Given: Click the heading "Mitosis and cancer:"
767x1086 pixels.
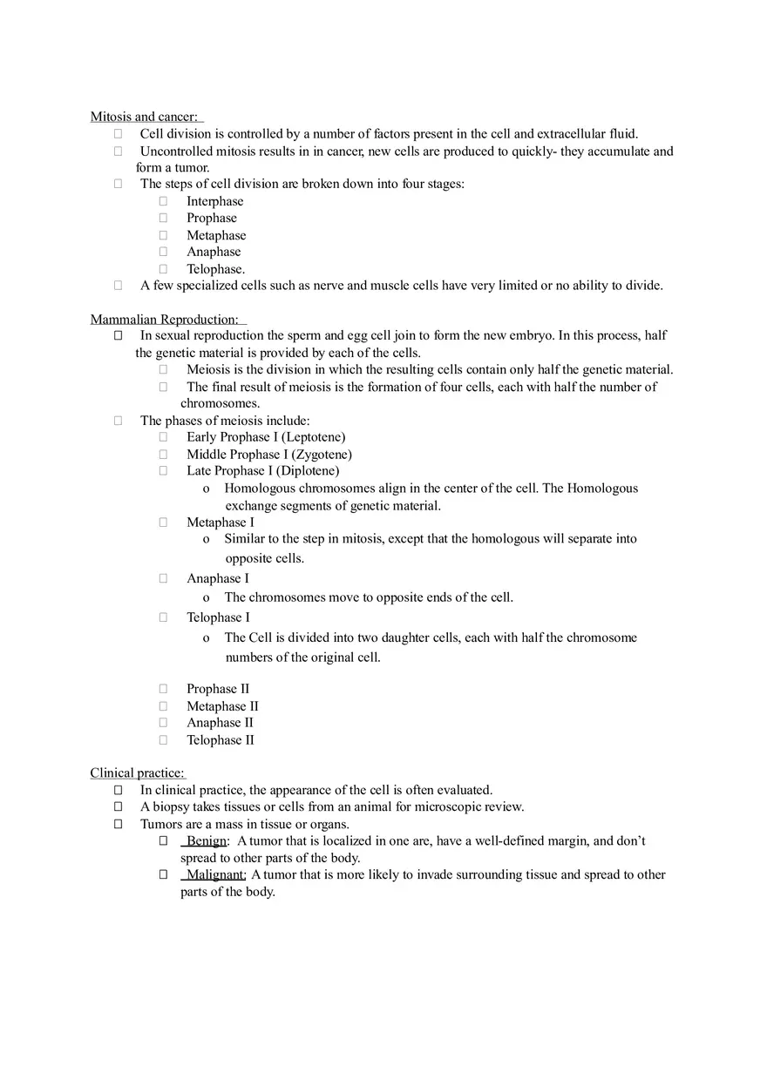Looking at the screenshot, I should [x=144, y=117].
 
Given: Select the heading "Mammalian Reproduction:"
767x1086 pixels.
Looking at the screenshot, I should [x=164, y=320].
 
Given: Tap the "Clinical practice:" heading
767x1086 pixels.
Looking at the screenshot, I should [x=137, y=773].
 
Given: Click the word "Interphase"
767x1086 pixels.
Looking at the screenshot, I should [x=214, y=201].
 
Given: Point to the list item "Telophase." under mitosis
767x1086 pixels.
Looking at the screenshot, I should [x=215, y=269].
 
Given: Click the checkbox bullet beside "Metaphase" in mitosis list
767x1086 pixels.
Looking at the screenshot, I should [x=163, y=235].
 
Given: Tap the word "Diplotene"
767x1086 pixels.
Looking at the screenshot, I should [x=308, y=471].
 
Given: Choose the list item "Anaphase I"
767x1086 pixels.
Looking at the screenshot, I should [x=217, y=578].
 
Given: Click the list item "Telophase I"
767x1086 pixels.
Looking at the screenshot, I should [x=218, y=617].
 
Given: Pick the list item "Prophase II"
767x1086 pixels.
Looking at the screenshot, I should [x=217, y=689].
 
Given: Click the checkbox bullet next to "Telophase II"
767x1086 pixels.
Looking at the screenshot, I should [x=163, y=740].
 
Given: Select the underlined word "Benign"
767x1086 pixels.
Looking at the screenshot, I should [x=207, y=841].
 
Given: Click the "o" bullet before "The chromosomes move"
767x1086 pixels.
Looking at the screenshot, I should [x=206, y=598].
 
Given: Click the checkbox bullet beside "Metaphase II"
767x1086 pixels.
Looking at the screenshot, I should [x=163, y=706].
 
